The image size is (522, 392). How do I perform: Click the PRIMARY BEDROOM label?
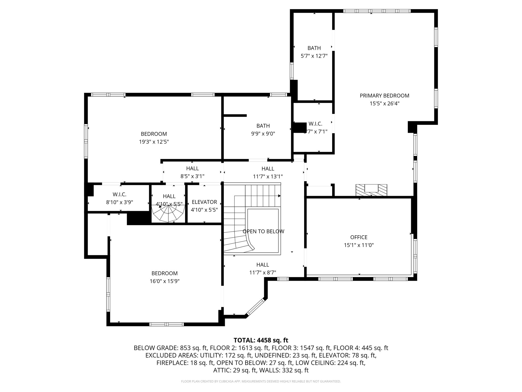pos(384,96)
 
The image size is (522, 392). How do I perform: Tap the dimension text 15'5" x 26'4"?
pos(384,104)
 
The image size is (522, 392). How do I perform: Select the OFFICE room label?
pos(359,237)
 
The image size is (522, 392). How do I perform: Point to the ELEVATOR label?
pos(204,202)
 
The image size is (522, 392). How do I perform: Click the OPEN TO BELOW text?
pos(263,231)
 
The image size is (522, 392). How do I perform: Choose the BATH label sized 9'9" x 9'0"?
pos(263,126)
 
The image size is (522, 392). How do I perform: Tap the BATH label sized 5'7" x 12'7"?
pos(314,48)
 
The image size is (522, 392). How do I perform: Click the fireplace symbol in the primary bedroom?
pos(371,190)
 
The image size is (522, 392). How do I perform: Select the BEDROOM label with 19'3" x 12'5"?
pos(154,134)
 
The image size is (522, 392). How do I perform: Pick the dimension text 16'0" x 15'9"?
pos(165,281)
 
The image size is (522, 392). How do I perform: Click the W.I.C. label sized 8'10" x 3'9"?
pos(120,194)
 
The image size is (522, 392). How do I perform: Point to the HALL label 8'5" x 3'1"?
pos(192,168)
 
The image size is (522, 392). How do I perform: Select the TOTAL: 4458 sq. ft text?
pos(261,340)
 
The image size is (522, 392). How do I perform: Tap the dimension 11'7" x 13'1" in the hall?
pos(268,176)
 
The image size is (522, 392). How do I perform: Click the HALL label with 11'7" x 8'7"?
pos(263,265)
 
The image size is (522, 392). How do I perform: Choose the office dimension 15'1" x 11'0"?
pos(359,245)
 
